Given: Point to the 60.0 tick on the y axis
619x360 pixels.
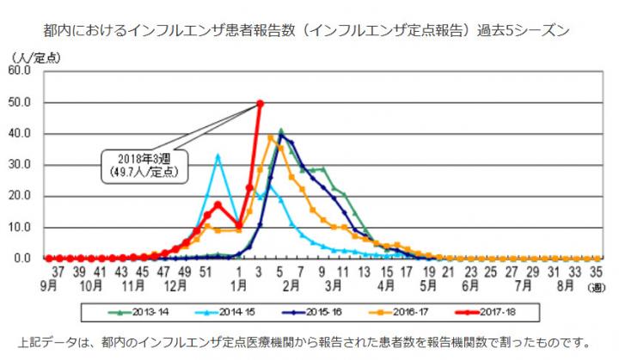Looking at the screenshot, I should point(19,70).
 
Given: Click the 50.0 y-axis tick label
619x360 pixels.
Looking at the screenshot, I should point(19,102).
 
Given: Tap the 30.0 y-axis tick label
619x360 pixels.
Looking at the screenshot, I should point(19,165).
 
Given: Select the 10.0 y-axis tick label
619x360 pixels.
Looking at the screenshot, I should point(19,228).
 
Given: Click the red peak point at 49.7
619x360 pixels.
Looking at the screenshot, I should point(260,103).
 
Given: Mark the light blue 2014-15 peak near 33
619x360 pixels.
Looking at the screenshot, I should point(218,156).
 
